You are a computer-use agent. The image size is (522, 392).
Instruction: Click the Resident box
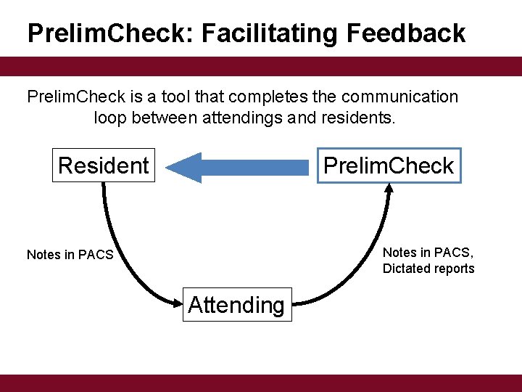point(104,166)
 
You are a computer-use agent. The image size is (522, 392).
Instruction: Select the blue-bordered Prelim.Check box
point(389,166)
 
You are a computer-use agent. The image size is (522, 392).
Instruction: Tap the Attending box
point(236,305)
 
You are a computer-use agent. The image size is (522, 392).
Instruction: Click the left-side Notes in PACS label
point(70,255)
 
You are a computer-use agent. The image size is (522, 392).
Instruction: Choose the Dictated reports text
point(428,269)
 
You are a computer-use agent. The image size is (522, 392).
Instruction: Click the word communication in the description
point(391,97)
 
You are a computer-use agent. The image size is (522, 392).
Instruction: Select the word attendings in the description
point(242,117)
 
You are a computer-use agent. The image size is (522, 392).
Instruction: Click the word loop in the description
point(109,117)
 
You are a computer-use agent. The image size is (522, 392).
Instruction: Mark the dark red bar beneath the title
point(261,67)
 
